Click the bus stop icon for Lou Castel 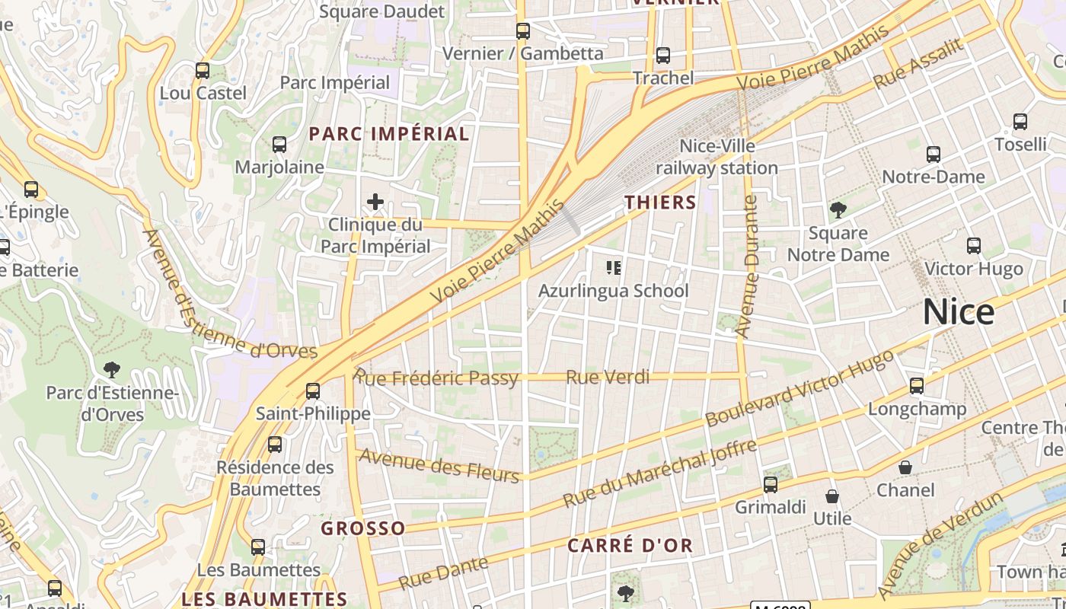coord(203,71)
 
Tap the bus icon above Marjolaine coord(279,145)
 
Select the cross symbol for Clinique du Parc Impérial coord(375,202)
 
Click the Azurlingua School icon coord(614,268)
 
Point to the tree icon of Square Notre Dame coord(838,210)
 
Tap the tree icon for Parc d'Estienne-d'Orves coord(112,371)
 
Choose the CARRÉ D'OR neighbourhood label coord(630,545)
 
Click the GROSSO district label coord(363,528)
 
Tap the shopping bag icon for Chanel coord(905,467)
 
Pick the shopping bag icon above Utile coord(832,496)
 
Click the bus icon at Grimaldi coord(771,485)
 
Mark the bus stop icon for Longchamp coord(917,386)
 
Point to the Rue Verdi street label coord(608,377)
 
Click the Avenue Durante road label coord(748,266)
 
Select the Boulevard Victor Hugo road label coord(799,388)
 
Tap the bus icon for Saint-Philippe coord(313,391)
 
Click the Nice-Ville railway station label coord(717,157)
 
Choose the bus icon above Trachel coord(663,56)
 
